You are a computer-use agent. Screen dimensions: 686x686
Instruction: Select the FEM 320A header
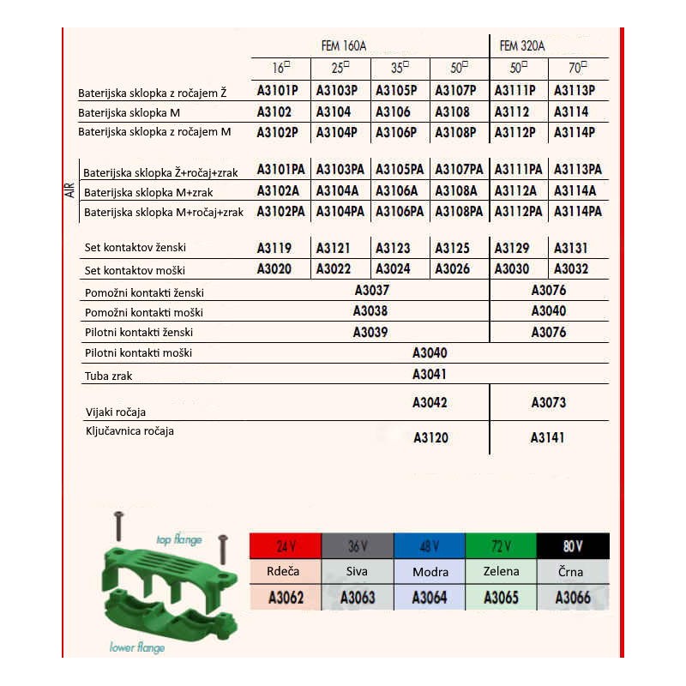522,45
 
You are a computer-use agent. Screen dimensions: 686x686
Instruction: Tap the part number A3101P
278,90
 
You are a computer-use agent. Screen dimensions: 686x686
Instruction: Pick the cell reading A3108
453,111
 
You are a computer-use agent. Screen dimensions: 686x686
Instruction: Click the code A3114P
575,132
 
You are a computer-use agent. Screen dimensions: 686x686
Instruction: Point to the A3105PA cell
400,169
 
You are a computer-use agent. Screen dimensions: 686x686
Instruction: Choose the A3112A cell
516,190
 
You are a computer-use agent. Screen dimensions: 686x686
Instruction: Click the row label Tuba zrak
109,376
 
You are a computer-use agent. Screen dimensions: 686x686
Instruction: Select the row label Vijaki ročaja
115,412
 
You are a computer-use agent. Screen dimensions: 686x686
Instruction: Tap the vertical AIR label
69,190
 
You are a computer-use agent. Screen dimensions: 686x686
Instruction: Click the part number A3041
430,374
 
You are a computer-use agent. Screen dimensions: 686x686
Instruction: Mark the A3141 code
548,437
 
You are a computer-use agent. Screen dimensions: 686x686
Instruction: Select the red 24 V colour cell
285,546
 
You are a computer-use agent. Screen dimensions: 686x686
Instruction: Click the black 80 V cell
573,546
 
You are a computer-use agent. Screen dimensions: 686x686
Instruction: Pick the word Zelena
501,571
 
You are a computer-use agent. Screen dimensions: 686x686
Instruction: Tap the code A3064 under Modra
430,598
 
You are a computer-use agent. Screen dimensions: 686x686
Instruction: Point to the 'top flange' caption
178,539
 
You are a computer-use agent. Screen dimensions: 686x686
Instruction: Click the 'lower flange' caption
137,647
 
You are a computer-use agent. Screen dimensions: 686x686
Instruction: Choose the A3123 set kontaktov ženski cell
394,249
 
